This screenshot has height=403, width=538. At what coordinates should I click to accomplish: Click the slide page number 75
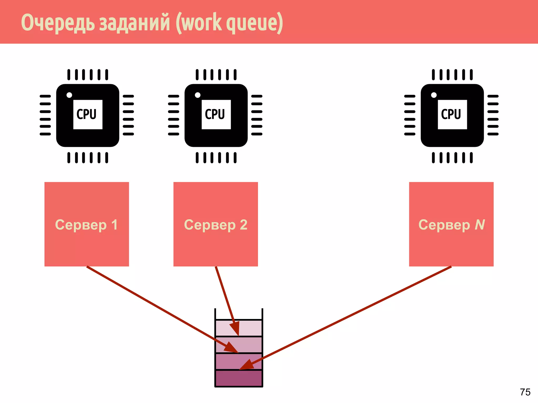point(525,392)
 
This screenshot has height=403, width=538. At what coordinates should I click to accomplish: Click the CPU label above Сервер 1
point(87,114)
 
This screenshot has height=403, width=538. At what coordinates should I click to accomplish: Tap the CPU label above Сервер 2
point(215,114)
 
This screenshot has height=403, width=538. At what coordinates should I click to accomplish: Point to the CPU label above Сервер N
point(451,114)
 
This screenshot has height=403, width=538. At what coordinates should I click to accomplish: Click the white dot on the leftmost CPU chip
point(69,95)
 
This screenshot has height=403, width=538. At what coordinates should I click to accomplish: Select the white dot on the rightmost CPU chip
point(434,95)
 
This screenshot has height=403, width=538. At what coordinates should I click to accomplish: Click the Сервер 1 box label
point(86,225)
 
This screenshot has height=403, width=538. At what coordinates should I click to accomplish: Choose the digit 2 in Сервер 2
point(244,225)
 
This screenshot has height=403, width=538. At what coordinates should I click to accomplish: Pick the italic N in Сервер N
point(479,225)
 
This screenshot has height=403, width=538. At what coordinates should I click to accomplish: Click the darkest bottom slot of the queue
point(239,378)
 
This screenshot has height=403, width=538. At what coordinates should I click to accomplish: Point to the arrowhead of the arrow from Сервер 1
point(231,348)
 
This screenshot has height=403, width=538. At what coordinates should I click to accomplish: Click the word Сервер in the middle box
point(210,225)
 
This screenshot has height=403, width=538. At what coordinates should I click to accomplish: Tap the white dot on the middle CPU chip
point(198,95)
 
